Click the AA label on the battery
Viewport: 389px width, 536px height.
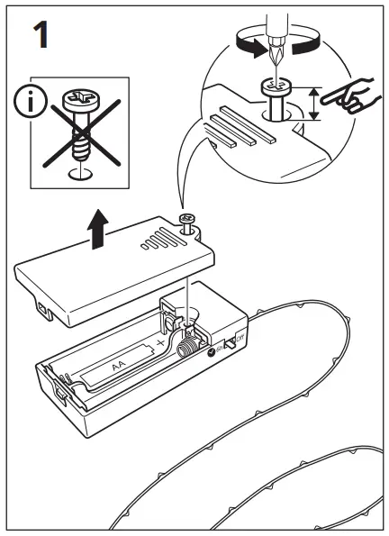coord(118,365)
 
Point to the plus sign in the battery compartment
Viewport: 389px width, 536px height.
coord(161,343)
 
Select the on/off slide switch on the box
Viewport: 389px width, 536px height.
coord(232,343)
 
